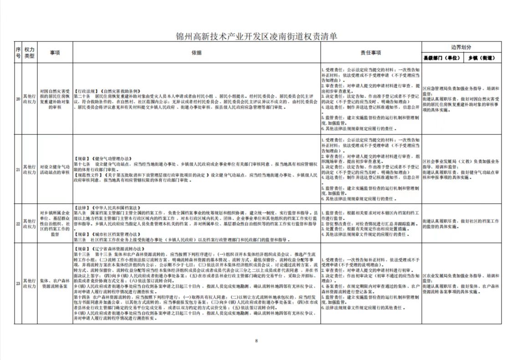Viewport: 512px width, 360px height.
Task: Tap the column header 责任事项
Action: (x=371, y=52)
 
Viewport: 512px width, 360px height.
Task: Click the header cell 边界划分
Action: (x=461, y=47)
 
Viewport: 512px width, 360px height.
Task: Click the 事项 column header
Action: (x=55, y=52)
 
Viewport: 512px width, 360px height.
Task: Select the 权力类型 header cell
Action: (x=30, y=52)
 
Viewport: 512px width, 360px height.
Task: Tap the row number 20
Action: (x=18, y=99)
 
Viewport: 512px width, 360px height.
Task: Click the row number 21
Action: (x=18, y=170)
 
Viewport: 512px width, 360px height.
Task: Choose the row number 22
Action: (x=18, y=224)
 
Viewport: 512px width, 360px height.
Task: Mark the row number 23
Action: (x=18, y=283)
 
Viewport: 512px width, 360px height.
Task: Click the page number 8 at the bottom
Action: (x=256, y=340)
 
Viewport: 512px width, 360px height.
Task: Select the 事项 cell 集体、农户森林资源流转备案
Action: (x=55, y=283)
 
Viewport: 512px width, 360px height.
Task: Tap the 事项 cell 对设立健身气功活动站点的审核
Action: (x=55, y=170)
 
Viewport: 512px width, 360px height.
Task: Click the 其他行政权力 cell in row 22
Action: (x=30, y=224)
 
